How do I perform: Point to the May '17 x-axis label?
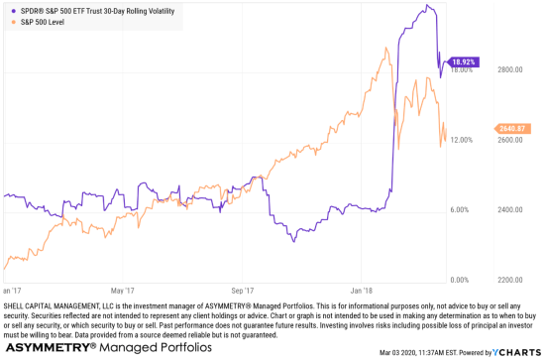click(124, 292)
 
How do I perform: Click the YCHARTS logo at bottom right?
click(516, 350)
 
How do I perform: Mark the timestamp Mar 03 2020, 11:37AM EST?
click(424, 351)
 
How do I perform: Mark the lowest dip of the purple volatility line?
click(293, 241)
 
